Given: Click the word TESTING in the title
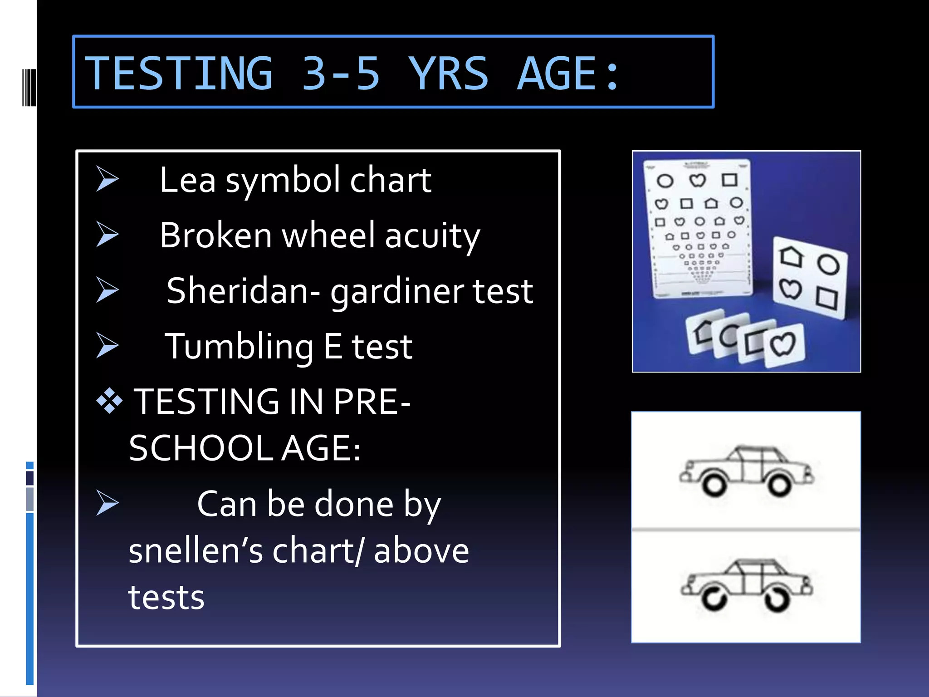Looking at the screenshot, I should click(179, 74).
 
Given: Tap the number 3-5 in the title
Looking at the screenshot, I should click(341, 74).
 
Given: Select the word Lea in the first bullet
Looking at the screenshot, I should click(187, 180).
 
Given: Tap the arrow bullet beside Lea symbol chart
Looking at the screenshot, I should click(108, 179).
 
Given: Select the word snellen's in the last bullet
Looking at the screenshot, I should click(196, 551).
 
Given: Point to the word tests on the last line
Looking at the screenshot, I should click(166, 598).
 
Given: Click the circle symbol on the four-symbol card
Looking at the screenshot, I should click(828, 265).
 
